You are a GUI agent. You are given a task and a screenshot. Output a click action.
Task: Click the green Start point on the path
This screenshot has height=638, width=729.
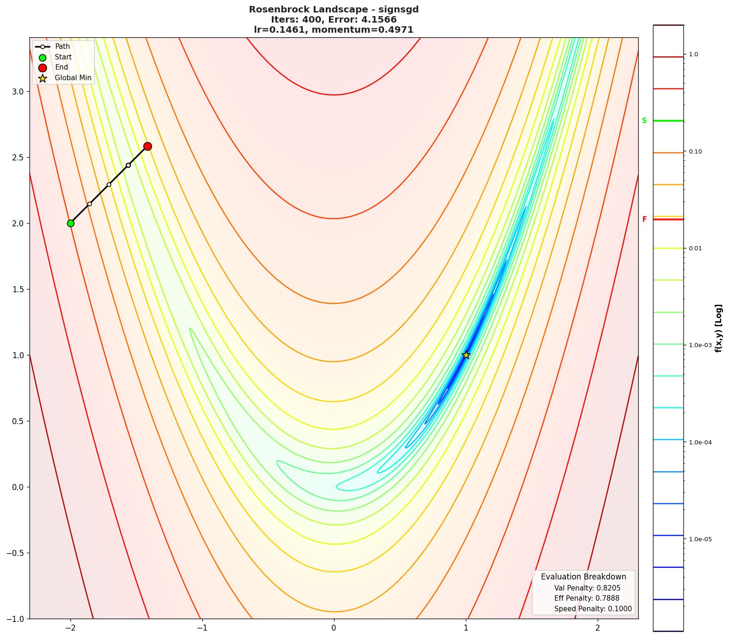71,223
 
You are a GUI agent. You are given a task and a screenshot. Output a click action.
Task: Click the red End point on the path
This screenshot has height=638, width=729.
147,146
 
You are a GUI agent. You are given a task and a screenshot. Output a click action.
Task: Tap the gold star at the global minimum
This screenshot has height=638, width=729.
466,355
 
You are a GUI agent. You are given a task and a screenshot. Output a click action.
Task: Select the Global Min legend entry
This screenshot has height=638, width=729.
73,78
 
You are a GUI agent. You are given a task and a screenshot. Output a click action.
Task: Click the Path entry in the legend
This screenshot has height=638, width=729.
62,47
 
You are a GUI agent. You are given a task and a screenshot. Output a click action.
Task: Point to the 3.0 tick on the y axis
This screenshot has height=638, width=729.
17,92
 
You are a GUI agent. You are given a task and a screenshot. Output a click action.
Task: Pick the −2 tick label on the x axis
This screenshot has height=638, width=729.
70,628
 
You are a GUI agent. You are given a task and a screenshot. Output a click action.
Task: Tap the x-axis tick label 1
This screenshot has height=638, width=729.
466,628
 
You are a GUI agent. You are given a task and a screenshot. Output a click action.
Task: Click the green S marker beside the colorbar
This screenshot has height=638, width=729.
644,121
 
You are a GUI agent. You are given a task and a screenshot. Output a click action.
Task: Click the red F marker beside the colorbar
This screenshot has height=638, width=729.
644,219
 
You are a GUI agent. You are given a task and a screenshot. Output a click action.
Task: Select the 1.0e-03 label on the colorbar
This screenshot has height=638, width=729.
700,345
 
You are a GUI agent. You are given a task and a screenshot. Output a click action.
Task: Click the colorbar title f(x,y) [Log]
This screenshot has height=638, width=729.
718,328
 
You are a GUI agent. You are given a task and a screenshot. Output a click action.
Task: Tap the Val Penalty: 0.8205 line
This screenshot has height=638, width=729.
587,588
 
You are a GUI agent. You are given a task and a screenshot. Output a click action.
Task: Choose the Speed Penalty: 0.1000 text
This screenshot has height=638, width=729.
593,609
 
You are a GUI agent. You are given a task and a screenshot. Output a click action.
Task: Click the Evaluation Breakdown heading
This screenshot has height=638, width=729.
583,577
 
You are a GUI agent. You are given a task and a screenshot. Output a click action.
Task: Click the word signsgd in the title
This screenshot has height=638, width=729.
399,10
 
